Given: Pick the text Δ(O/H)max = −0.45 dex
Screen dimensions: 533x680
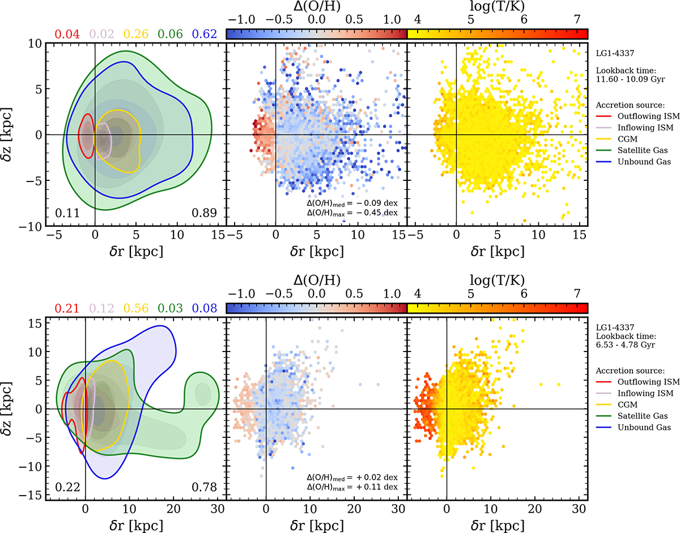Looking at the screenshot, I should click(351, 213).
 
